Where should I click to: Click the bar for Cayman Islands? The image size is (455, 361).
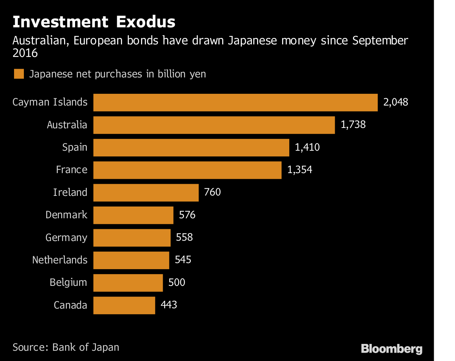(235, 102)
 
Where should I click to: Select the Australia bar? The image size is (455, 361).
(214, 125)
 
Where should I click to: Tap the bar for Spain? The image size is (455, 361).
(191, 147)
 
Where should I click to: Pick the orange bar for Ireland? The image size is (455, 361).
(146, 192)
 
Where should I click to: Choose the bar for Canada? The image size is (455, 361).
(124, 305)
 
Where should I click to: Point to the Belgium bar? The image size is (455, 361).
(128, 283)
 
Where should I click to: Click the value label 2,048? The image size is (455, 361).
(395, 102)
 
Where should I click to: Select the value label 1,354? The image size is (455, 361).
(300, 170)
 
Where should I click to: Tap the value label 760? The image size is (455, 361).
(212, 192)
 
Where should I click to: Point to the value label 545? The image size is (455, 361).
(183, 260)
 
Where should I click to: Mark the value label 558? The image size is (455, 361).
(184, 238)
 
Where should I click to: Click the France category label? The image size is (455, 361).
(72, 170)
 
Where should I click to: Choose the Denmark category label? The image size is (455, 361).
(66, 215)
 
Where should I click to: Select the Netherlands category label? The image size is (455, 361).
(60, 260)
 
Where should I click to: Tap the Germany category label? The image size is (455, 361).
(66, 238)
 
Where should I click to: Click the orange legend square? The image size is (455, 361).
(19, 74)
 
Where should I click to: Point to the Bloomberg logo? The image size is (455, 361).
(391, 348)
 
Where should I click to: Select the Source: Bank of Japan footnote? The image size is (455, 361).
(66, 347)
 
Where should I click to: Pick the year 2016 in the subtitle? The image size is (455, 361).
(25, 54)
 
